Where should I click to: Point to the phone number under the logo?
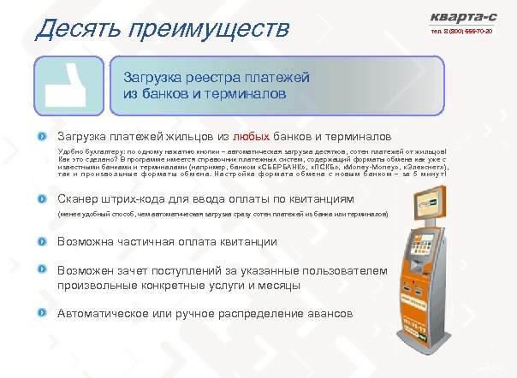[464, 32]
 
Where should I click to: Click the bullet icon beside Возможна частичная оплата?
[41, 241]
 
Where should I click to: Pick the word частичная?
[157, 241]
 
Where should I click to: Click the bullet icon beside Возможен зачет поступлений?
[41, 269]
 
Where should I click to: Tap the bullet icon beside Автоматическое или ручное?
[41, 313]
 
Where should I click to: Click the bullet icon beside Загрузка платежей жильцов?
[41, 136]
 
